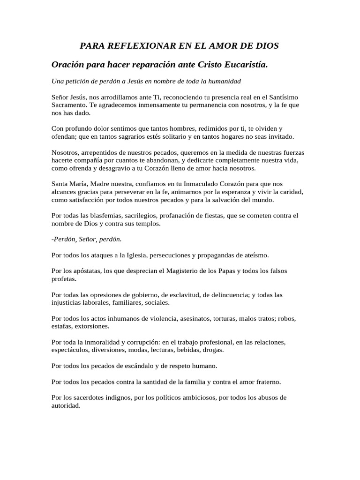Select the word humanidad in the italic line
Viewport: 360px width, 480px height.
(x=222, y=81)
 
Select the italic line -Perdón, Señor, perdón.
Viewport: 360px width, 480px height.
(x=87, y=239)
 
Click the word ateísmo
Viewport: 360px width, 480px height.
(x=253, y=255)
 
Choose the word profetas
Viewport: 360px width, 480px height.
(x=64, y=279)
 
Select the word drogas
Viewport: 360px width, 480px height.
(x=212, y=350)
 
